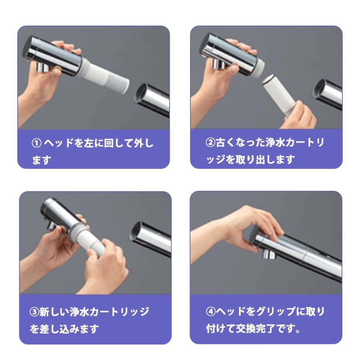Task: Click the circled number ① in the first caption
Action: click(36, 143)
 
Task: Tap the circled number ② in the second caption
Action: click(210, 142)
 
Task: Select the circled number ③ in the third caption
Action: click(34, 312)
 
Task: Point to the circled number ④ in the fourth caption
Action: click(210, 312)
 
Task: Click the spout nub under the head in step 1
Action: click(42, 67)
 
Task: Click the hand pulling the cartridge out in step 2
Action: click(298, 116)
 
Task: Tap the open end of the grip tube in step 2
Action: click(320, 90)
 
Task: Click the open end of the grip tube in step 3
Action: click(136, 232)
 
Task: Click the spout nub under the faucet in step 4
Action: click(269, 254)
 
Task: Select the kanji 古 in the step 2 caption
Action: click(220, 142)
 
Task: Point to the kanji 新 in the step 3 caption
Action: click(44, 312)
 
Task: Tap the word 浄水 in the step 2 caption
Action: click(275, 142)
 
